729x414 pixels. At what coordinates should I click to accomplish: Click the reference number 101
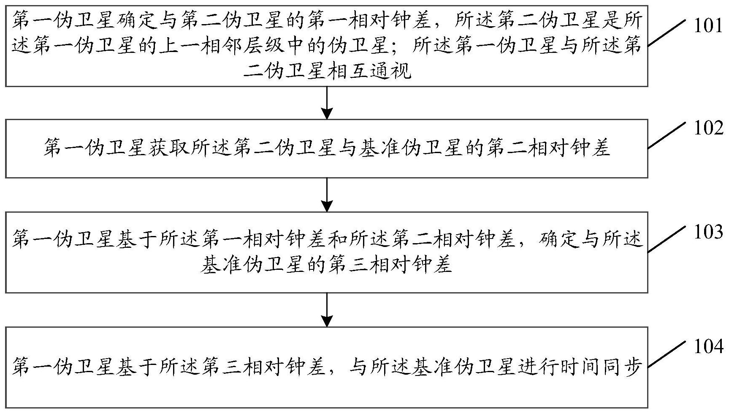pyautogui.click(x=708, y=26)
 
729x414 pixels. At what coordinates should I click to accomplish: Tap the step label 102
pyautogui.click(x=708, y=128)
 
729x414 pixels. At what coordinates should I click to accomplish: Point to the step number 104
pyautogui.click(x=708, y=347)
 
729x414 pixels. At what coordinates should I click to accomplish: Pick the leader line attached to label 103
pyautogui.click(x=667, y=239)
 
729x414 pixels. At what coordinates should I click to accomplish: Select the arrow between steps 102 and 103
pyautogui.click(x=327, y=195)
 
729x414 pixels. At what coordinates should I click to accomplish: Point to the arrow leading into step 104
pyautogui.click(x=327, y=310)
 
